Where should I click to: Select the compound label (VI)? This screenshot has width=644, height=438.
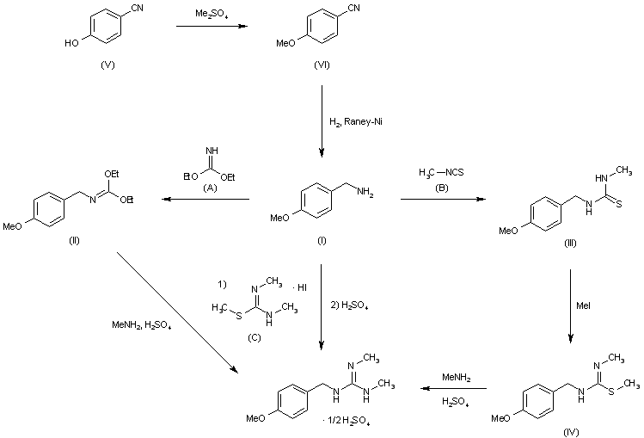[323, 65]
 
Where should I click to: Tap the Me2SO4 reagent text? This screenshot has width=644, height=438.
[209, 14]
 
